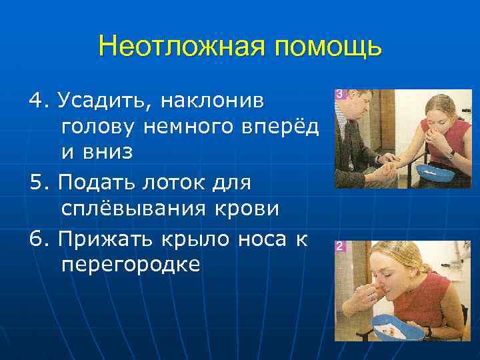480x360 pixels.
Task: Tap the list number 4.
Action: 36,101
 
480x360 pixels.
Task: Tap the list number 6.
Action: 36,238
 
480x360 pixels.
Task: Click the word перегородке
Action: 130,264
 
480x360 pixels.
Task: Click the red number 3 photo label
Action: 340,95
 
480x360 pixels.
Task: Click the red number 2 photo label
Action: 340,247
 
